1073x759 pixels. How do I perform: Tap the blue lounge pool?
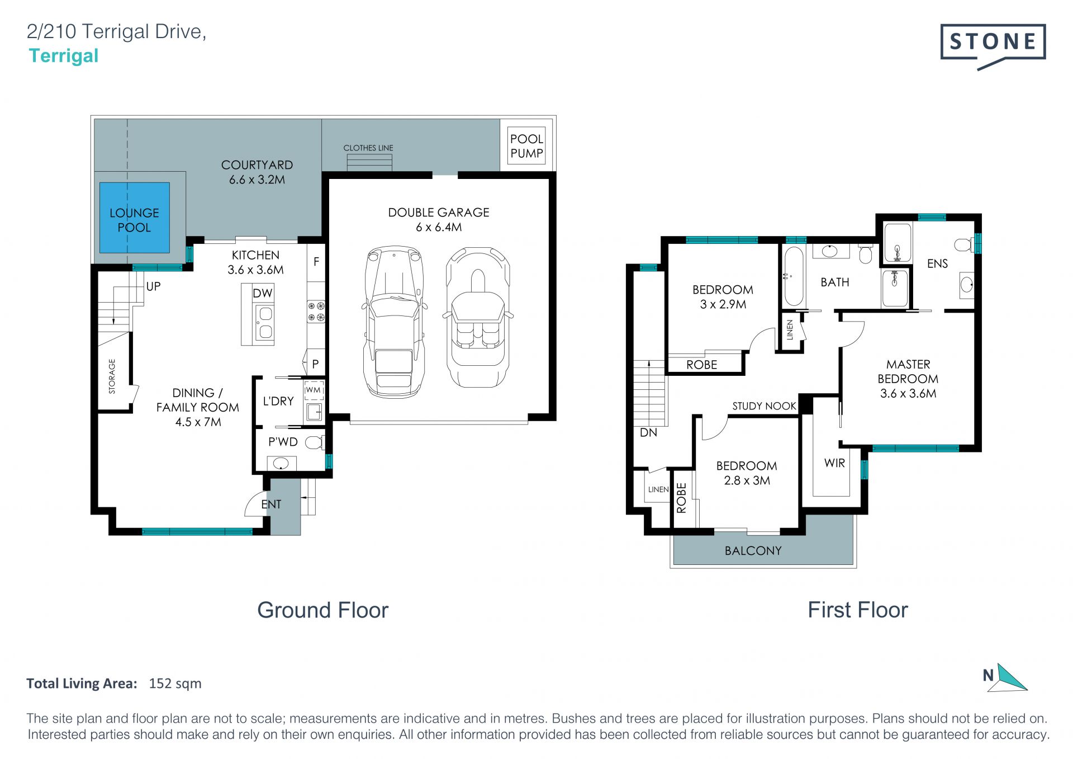134,218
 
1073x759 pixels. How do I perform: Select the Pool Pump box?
526,145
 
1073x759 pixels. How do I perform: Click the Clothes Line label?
368,148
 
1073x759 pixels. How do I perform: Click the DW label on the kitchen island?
262,293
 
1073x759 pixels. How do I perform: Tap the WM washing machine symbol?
314,390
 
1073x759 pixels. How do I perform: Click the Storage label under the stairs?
112,376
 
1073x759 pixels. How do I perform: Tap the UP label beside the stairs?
153,286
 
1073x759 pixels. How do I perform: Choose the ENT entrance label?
271,505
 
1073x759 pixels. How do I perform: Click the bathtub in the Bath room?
794,276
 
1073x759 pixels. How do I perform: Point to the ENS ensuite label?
937,263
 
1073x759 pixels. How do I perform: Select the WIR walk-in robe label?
834,463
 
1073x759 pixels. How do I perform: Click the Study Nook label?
764,406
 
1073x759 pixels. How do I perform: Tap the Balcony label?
753,551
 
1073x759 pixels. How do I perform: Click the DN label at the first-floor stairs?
648,432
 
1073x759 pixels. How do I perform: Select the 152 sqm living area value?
175,683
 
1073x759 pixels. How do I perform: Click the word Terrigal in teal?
64,56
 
